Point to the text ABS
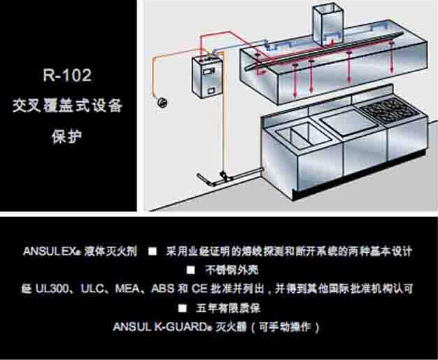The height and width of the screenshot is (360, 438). (x=165, y=288)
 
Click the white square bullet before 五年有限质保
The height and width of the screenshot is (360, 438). (x=182, y=307)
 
